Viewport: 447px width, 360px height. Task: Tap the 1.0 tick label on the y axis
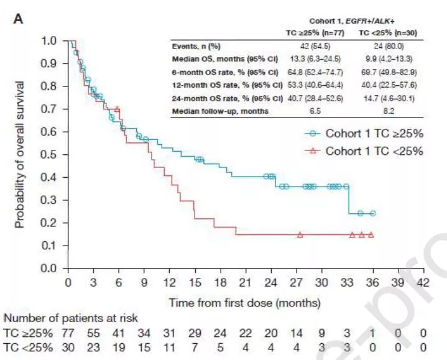click(x=53, y=41)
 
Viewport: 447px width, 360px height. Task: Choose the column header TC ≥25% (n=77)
click(x=315, y=34)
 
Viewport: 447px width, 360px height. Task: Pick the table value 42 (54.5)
click(x=315, y=47)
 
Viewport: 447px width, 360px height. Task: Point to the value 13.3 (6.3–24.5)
click(x=315, y=59)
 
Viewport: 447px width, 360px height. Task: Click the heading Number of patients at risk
click(x=71, y=318)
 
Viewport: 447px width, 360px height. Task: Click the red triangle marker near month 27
click(x=300, y=235)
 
